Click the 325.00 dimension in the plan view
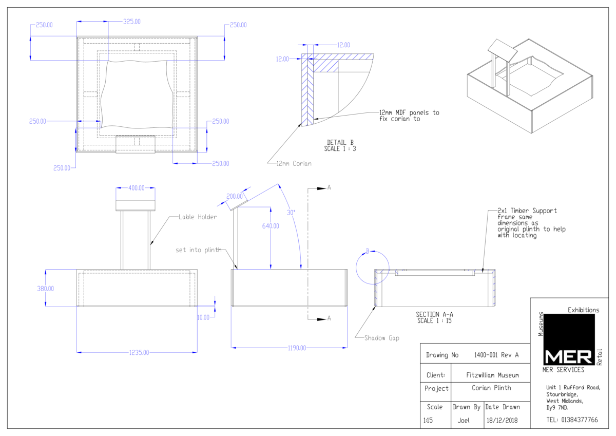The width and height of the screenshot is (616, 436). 132,22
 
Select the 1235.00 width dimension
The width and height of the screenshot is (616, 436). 139,353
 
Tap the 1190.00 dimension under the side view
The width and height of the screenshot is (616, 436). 297,348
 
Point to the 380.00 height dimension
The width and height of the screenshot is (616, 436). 46,289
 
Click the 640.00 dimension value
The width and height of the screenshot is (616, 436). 271,226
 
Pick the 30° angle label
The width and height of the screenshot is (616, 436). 291,213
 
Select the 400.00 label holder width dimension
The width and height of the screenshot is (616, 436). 137,188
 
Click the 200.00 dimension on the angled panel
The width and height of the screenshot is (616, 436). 235,196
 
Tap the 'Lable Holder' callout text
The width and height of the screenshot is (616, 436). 198,217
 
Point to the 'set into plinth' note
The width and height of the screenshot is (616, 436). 199,250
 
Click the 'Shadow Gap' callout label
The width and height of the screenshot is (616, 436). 382,338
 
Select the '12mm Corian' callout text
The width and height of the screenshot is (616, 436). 294,164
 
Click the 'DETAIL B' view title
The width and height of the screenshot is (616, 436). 340,142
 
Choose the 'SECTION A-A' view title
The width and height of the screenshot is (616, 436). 434,314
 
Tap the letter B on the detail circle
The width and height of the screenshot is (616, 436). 368,251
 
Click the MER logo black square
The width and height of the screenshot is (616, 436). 569,339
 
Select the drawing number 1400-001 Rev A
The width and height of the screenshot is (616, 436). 496,355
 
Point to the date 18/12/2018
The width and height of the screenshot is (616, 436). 502,420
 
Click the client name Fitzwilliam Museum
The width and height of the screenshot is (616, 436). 492,375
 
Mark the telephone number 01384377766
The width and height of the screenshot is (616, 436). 580,420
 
